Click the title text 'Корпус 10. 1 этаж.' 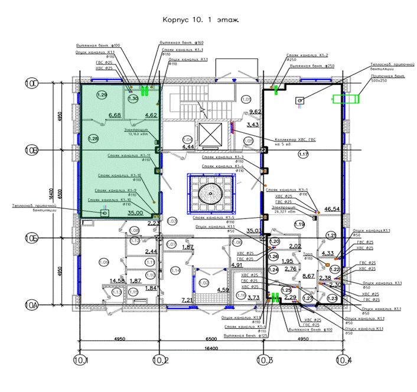(x=200, y=19)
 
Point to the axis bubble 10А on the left (x=31, y=305)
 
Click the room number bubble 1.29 (x=102, y=95)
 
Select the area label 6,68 (x=115, y=115)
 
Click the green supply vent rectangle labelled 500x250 (x=346, y=99)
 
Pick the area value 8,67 (x=308, y=276)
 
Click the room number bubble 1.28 (x=93, y=139)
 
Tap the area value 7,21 (x=187, y=300)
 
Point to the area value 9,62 (x=255, y=112)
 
